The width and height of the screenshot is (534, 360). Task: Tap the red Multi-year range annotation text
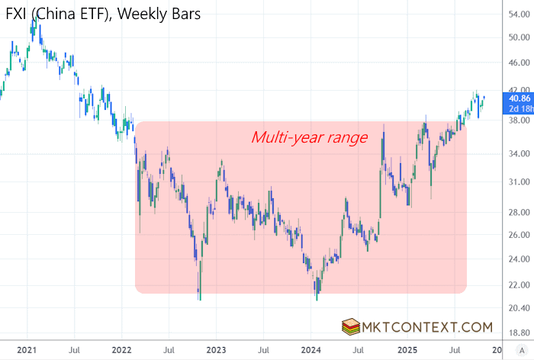point(309,138)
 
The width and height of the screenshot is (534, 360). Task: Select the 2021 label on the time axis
point(27,350)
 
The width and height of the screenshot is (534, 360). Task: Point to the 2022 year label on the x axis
point(121,350)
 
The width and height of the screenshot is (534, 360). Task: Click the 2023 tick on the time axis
point(215,350)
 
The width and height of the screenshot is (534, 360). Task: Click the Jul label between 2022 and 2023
point(168,350)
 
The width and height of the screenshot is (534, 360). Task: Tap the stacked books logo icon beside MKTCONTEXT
point(351,327)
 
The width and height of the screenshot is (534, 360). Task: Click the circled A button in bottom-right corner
point(520,350)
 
